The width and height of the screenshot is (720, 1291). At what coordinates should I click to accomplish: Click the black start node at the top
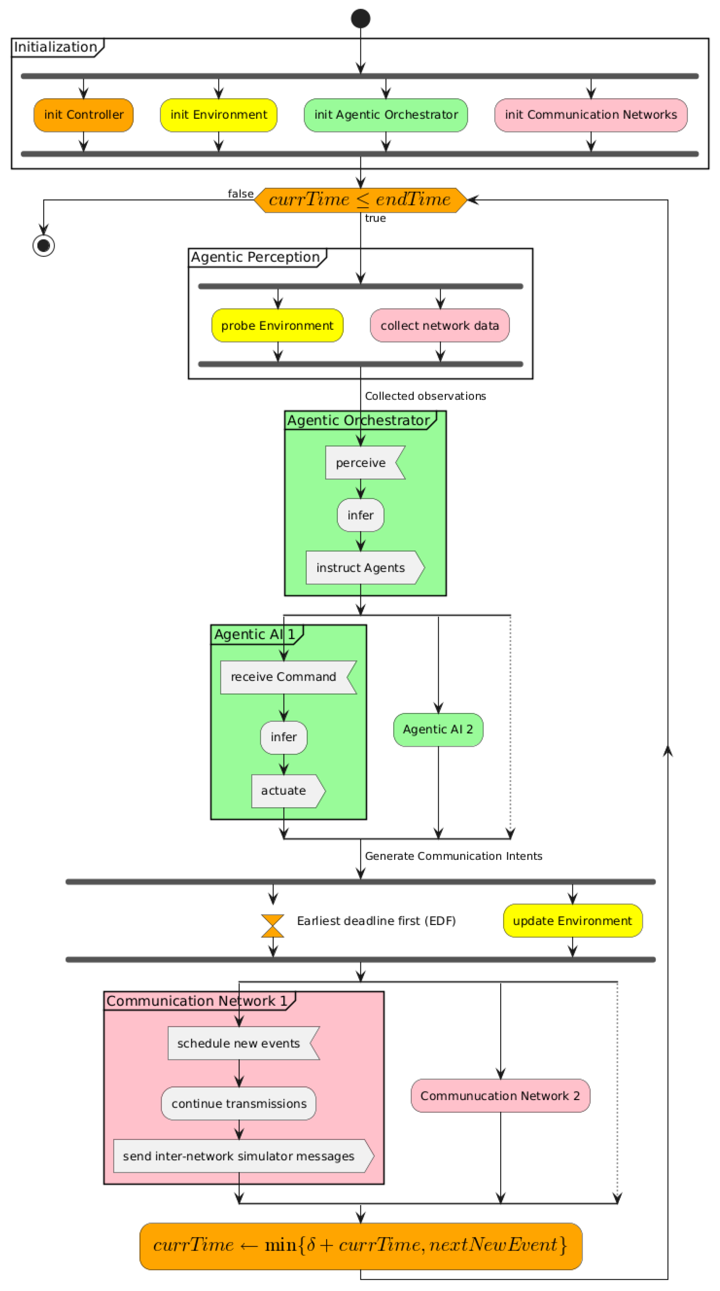(360, 19)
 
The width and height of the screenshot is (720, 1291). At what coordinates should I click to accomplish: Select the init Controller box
(84, 115)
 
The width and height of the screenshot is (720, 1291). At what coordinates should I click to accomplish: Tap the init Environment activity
(218, 115)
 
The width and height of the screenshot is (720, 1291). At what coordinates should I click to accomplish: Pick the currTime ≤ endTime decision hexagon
(360, 200)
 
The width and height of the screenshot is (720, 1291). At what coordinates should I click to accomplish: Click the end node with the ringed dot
(44, 245)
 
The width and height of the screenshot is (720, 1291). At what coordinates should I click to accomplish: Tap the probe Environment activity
(277, 325)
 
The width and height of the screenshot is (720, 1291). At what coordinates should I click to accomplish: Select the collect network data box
(440, 325)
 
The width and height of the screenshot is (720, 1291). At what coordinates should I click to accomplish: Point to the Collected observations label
(425, 396)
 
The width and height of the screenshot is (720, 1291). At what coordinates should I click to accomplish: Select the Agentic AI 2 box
(438, 729)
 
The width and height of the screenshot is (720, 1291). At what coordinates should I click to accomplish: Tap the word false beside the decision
(240, 194)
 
